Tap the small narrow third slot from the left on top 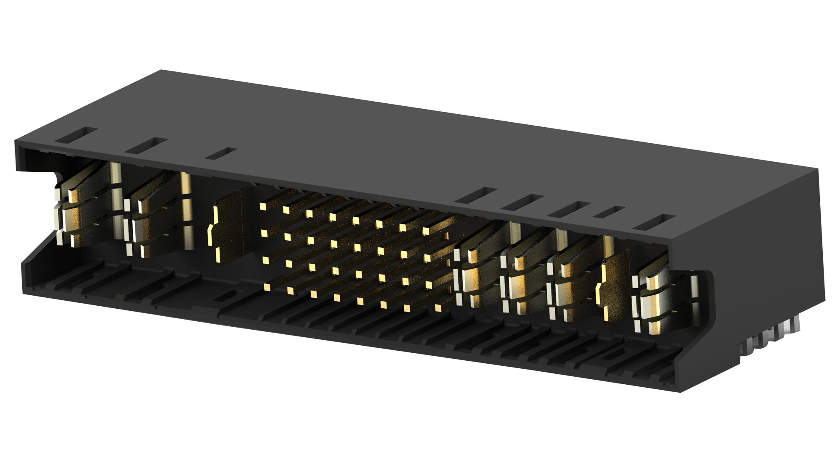pos(221,154)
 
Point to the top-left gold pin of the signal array pos(263,206)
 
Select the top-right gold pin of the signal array pos(426,231)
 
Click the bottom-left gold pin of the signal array pos(266,287)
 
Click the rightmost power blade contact pos(655,302)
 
